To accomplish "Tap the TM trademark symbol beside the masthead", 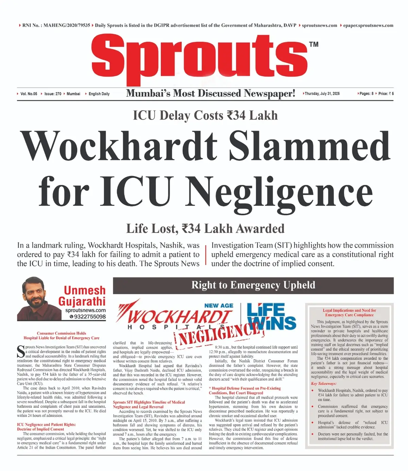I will click(x=313, y=45).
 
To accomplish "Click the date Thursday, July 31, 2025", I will click(x=322, y=94).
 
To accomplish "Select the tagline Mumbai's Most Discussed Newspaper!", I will click(x=210, y=93).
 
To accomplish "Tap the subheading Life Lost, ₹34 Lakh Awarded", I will click(x=205, y=229).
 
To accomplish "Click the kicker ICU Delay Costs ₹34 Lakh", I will click(x=205, y=116).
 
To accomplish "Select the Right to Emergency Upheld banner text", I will click(x=253, y=285).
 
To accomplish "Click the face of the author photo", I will click(x=34, y=292).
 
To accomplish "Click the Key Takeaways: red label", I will click(x=323, y=383).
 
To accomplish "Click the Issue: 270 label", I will click(x=53, y=94).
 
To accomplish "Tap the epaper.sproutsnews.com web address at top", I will click(x=368, y=25).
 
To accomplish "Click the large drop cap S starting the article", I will click(x=20, y=352).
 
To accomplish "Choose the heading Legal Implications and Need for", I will click(x=349, y=310).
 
